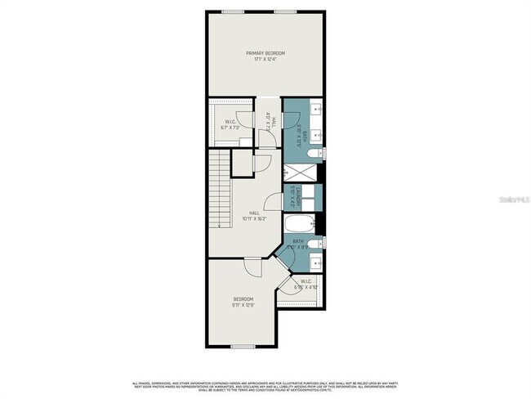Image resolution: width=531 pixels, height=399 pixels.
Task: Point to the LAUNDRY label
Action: pyautogui.click(x=292, y=198)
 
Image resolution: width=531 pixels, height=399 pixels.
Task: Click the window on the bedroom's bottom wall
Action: pyautogui.click(x=243, y=346)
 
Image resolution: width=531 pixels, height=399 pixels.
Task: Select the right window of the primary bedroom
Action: pyautogui.click(x=285, y=11)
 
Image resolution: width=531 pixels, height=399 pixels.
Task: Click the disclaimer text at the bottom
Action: pyautogui.click(x=265, y=386)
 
